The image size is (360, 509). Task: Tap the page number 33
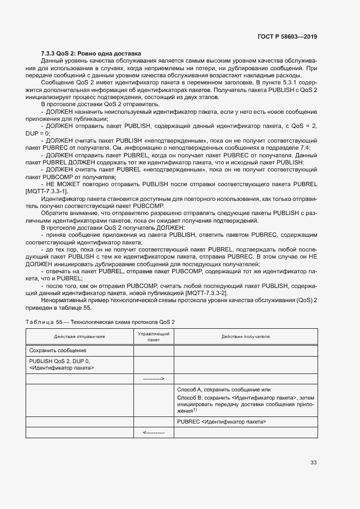tap(313, 463)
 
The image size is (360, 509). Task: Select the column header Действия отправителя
tap(80, 336)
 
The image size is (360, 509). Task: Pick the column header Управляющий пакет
tap(154, 336)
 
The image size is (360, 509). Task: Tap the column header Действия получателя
tap(246, 336)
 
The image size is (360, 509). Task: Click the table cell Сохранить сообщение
tap(58, 351)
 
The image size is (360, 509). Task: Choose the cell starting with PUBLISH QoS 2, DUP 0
tap(61, 364)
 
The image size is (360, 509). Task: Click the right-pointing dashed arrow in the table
tap(154, 378)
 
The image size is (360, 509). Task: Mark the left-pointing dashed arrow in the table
tap(154, 432)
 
